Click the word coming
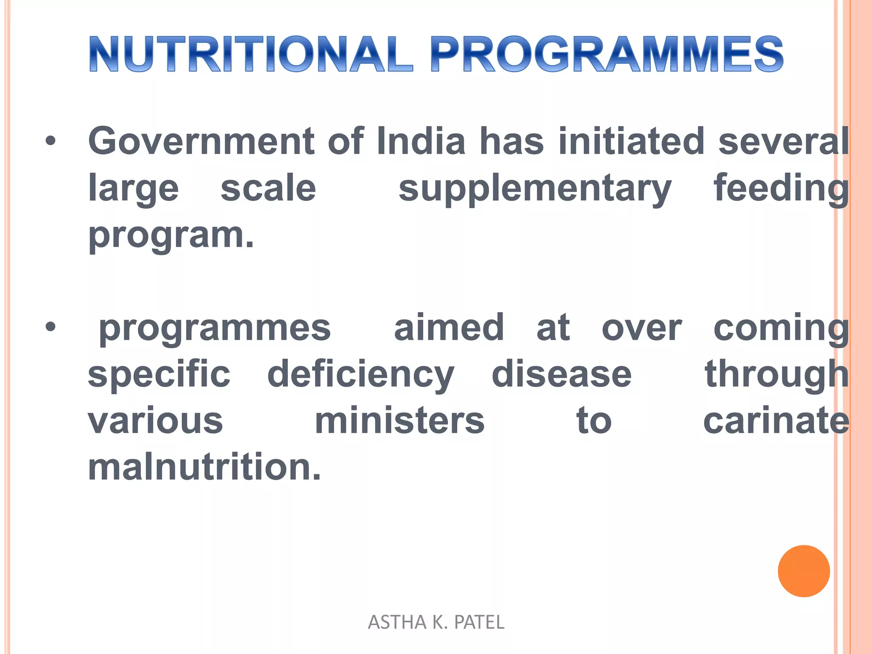point(781,329)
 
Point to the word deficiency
point(361,375)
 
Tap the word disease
point(562,375)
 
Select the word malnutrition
point(204,467)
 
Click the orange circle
point(803,571)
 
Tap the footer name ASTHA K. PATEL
point(436,622)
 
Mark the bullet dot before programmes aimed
point(51,327)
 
